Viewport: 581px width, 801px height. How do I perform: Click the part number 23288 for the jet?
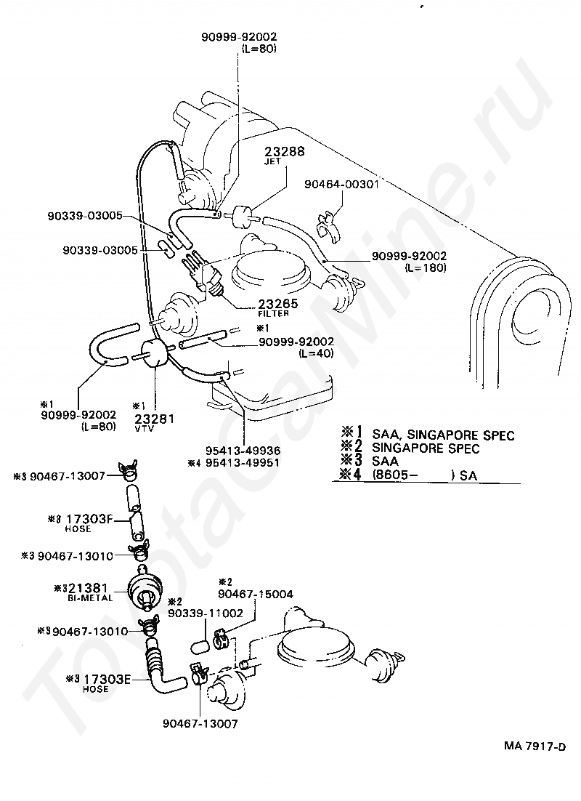pos(285,152)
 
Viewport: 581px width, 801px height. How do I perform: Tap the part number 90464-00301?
pos(342,185)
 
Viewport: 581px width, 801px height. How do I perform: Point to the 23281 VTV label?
pos(154,419)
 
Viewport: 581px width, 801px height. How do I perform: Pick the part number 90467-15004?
pos(257,594)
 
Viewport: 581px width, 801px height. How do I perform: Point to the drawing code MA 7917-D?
pos(536,746)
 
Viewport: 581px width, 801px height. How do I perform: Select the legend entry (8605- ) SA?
pos(422,475)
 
